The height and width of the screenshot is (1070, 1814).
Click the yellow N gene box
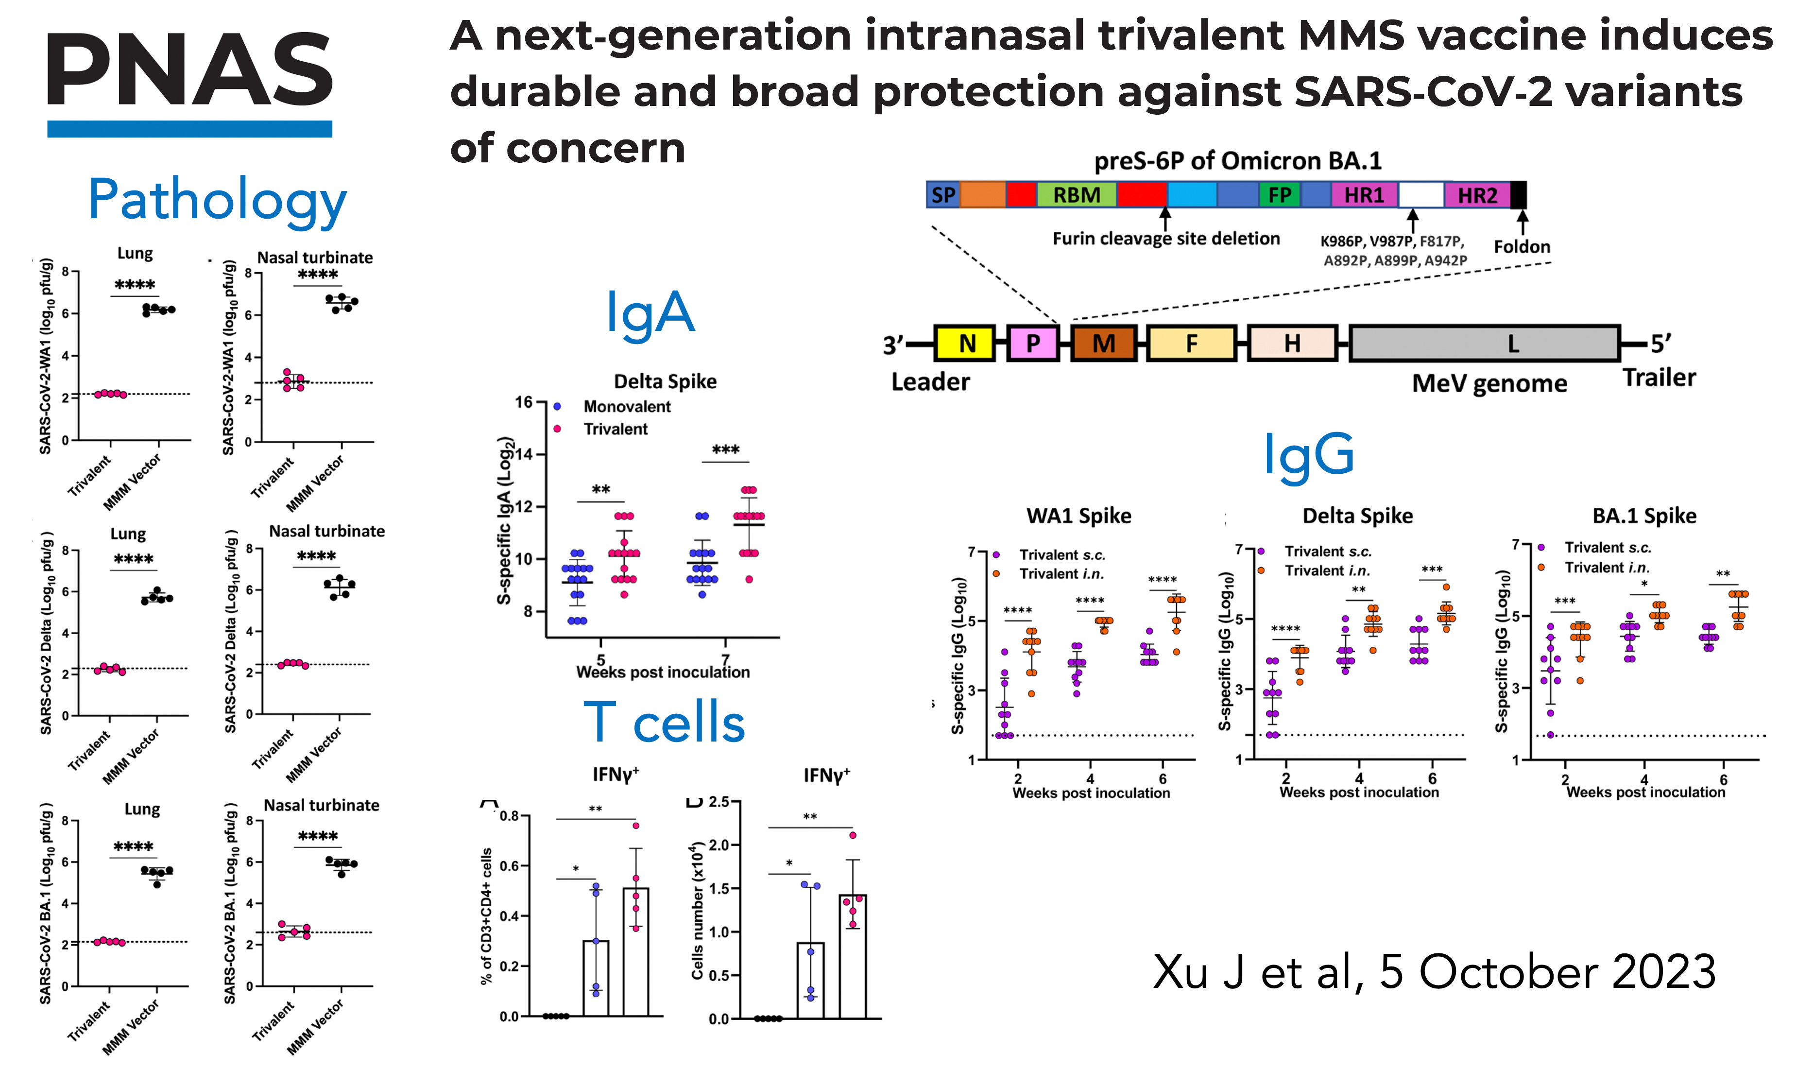click(965, 343)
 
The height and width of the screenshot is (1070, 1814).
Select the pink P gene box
click(1033, 343)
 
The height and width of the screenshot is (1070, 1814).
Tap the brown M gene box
click(1103, 343)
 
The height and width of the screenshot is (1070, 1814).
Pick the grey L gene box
click(1485, 343)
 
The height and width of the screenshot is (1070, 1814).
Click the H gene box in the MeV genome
click(1292, 343)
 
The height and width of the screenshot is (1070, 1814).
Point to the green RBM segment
click(1077, 195)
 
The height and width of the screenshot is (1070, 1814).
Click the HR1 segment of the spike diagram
click(1364, 195)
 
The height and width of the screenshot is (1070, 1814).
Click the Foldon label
click(1522, 246)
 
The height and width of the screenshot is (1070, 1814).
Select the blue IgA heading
click(650, 313)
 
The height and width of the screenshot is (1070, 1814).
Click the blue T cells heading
click(664, 723)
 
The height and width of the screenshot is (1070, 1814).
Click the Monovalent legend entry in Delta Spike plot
click(626, 407)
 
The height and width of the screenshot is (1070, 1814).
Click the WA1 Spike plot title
click(1078, 516)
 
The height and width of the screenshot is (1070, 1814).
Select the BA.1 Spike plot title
click(1644, 516)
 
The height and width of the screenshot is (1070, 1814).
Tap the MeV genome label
click(1489, 383)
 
